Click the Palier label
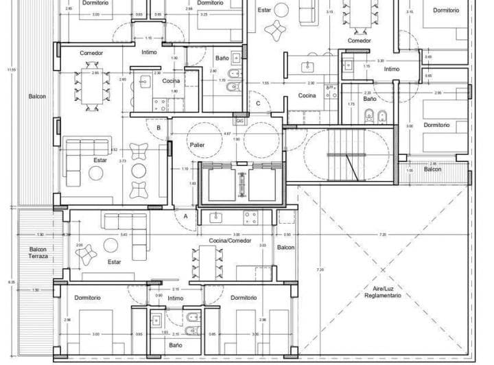coord(198,145)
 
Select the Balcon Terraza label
coord(37,252)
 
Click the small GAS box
coord(239,121)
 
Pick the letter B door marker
coord(158,128)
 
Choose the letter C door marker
coord(258,104)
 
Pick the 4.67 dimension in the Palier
coord(227,134)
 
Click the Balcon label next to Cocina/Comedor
coord(285,248)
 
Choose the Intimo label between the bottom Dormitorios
coord(176,298)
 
